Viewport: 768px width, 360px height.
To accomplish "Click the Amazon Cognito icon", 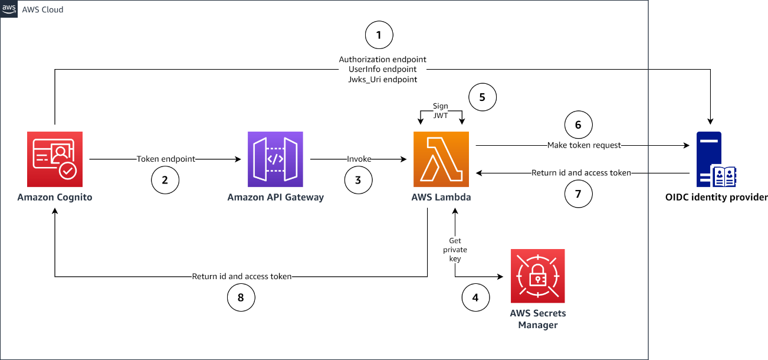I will click(x=55, y=159).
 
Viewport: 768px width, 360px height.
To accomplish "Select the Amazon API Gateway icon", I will click(x=275, y=159).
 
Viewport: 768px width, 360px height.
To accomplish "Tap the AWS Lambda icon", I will click(x=441, y=159).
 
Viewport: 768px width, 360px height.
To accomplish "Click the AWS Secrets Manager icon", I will click(x=537, y=276).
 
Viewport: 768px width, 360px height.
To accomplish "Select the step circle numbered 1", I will click(x=379, y=36).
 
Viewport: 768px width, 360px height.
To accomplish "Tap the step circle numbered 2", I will click(x=165, y=181).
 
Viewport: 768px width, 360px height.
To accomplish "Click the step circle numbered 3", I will click(x=358, y=181).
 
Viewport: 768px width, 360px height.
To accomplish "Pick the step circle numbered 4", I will click(x=475, y=298).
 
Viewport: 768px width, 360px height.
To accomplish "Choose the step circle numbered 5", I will click(x=483, y=97).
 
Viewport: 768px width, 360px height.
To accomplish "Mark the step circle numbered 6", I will click(x=578, y=125).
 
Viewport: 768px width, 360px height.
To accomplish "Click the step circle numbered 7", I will click(x=578, y=195).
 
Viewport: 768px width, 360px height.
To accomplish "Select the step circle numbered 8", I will click(x=241, y=298).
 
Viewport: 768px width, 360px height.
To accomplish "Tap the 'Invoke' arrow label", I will click(x=359, y=159).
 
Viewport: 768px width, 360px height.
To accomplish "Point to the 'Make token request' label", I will click(x=584, y=145).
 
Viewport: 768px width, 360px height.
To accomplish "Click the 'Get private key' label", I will click(x=455, y=250).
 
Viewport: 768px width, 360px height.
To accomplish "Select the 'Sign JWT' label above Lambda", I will click(x=441, y=112).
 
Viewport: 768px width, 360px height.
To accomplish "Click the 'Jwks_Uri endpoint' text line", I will click(x=382, y=79).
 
